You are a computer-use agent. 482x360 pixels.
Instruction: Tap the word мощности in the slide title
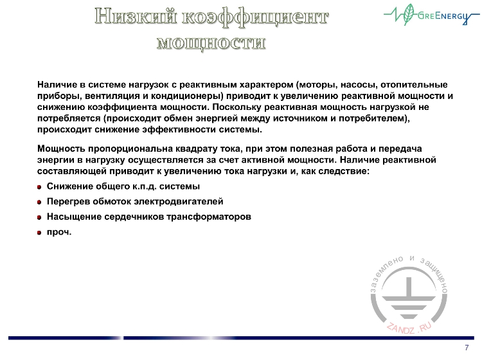(211, 42)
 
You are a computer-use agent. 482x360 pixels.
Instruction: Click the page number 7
(466, 348)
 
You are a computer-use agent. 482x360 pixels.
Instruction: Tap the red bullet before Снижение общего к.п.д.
(40, 187)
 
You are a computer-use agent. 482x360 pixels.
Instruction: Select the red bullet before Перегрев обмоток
(40, 203)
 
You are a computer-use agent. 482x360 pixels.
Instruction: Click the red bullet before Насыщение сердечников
(40, 218)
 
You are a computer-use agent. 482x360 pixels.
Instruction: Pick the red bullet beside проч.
(40, 233)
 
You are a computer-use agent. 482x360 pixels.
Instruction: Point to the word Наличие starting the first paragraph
(55, 84)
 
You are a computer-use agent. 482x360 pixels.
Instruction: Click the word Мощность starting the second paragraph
(59, 148)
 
